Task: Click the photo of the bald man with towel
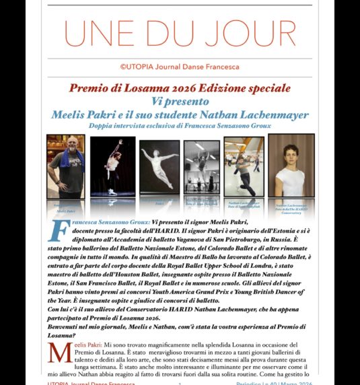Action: [x=66, y=168]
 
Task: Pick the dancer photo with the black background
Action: [x=112, y=168]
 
